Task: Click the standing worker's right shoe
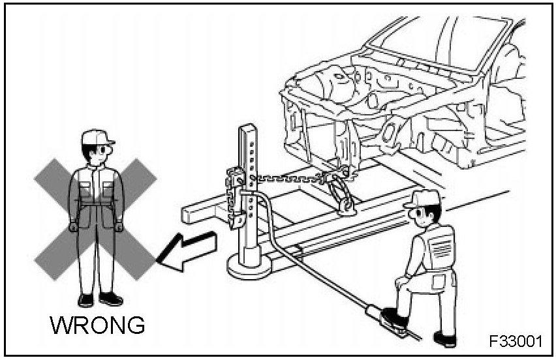[x=85, y=299]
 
